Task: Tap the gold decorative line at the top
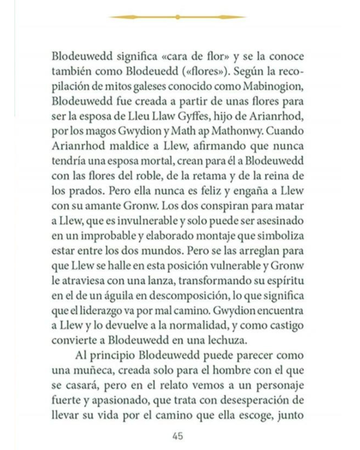pos(178,17)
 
